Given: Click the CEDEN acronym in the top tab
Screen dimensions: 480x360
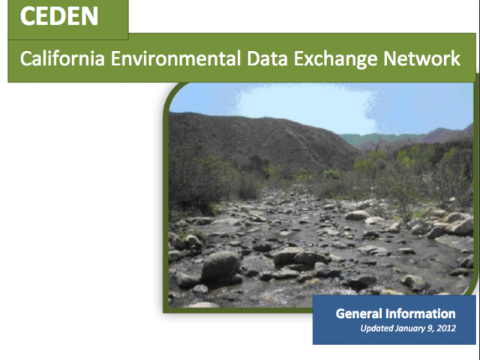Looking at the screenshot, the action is (x=59, y=16).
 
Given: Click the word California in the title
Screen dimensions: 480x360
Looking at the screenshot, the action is (x=62, y=58).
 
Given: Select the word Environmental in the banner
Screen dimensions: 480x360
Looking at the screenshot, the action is (x=175, y=58).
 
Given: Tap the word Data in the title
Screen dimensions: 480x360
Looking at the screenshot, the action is (x=267, y=58).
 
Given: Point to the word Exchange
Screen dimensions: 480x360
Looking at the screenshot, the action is (x=335, y=58).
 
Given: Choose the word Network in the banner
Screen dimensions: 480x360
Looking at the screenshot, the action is (x=421, y=58).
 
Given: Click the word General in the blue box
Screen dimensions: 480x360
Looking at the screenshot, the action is (x=359, y=313).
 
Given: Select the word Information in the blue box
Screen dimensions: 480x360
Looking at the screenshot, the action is (x=421, y=313).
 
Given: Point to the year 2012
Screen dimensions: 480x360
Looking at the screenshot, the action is (x=446, y=328).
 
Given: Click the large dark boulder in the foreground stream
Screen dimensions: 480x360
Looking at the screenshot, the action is (x=221, y=266).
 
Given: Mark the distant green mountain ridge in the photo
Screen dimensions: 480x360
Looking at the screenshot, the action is (x=382, y=139).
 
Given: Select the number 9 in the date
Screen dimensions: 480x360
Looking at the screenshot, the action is (x=430, y=328).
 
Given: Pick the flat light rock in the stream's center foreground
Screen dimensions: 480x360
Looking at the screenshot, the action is (x=287, y=255).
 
